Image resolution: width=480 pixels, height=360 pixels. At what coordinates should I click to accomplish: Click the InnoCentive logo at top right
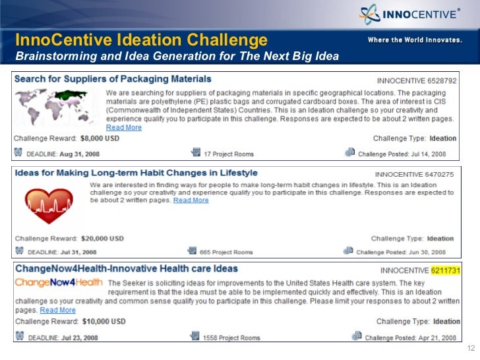tap(409, 15)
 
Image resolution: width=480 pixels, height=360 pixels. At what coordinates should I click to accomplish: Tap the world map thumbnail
tap(49, 106)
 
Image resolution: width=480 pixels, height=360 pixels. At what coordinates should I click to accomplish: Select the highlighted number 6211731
tap(446, 270)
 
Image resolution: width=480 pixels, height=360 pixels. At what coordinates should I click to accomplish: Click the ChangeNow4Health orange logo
tap(59, 283)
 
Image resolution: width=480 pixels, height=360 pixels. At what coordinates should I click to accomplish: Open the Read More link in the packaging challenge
tap(124, 127)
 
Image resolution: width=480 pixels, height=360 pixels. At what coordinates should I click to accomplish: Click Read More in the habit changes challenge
tap(191, 200)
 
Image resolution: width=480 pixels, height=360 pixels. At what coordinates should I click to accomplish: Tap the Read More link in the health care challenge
tap(57, 310)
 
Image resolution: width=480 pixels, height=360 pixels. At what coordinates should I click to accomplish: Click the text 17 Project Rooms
tap(229, 154)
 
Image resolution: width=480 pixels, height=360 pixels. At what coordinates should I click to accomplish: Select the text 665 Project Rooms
tap(227, 252)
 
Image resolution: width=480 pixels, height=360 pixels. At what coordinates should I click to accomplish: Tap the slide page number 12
tap(470, 349)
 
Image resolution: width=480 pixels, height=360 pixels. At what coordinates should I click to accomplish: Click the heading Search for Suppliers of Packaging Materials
tap(113, 79)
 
